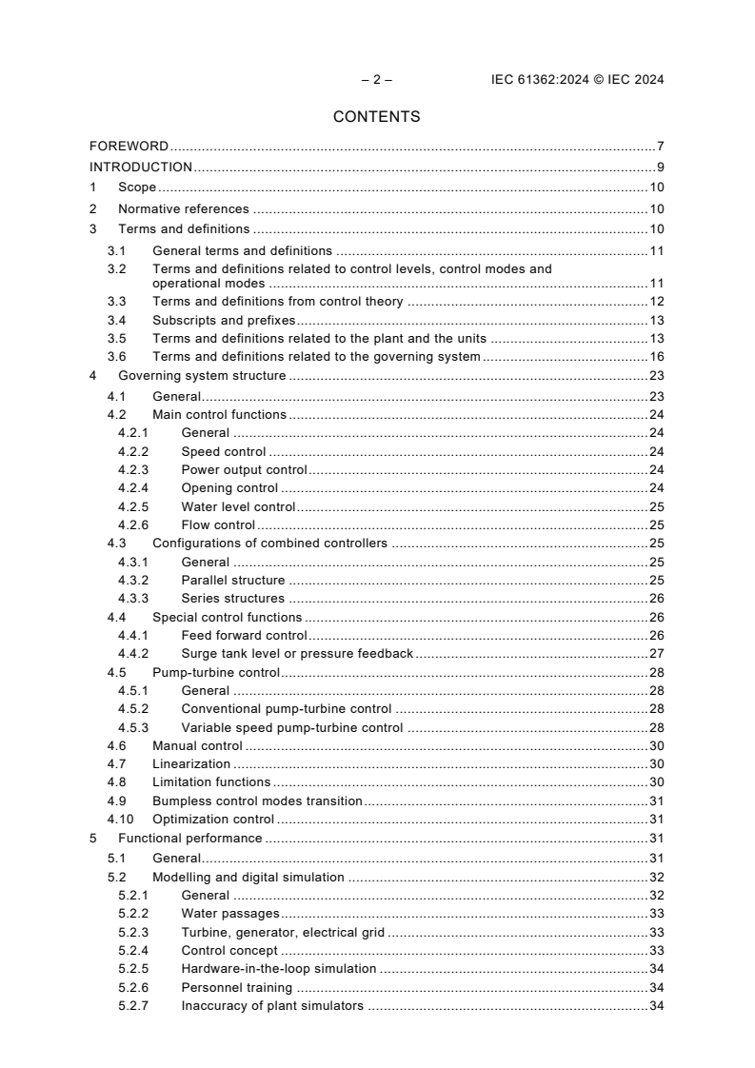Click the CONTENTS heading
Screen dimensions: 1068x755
click(376, 117)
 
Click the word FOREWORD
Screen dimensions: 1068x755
click(129, 147)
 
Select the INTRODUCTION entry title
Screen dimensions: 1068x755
click(141, 168)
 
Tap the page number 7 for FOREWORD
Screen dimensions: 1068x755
click(660, 147)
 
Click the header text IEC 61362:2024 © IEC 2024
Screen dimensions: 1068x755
click(570, 80)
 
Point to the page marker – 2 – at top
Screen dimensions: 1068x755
click(376, 80)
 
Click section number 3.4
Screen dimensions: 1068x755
click(116, 320)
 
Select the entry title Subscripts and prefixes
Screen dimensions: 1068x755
click(224, 320)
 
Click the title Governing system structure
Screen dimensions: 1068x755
click(201, 376)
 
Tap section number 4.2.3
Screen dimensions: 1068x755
click(133, 469)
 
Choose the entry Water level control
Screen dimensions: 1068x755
click(238, 506)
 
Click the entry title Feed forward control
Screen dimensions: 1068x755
click(244, 635)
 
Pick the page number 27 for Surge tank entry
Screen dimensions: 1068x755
click(656, 653)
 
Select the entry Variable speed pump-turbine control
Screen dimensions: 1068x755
click(291, 727)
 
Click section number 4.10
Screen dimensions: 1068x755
click(118, 819)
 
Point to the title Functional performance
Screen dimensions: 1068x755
click(189, 838)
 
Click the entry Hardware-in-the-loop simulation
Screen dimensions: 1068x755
click(278, 969)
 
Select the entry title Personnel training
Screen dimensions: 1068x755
click(236, 987)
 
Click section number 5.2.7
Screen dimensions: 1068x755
click(133, 1005)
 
